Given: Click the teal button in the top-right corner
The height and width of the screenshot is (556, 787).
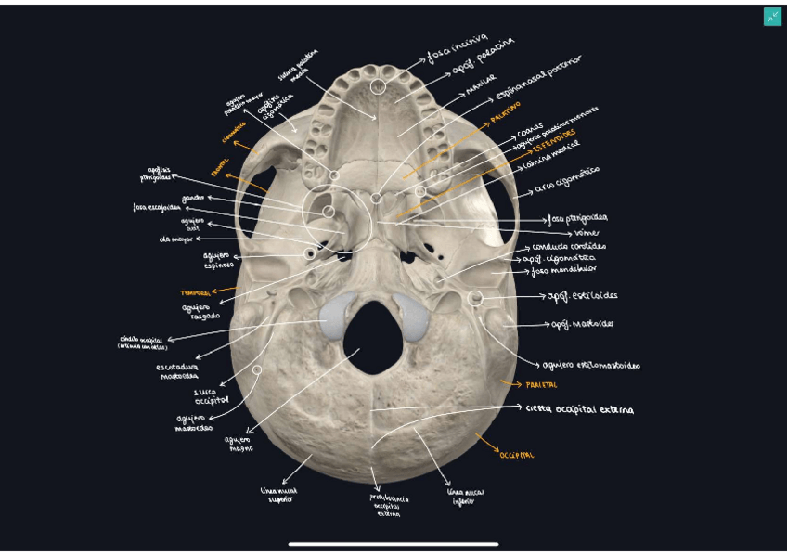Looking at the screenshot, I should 772,17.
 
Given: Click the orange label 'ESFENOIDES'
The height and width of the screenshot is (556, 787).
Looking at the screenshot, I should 554,138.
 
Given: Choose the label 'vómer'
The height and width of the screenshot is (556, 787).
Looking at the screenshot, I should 587,232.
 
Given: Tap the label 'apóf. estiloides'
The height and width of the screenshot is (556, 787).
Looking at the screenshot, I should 582,296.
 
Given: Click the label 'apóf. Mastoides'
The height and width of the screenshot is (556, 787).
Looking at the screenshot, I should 582,324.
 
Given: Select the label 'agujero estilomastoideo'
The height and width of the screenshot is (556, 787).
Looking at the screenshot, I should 591,365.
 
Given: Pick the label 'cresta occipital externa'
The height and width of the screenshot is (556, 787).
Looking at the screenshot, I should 579,408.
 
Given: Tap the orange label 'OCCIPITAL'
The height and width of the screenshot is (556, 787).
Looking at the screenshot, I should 517,454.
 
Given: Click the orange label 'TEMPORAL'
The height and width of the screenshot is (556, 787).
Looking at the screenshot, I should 196,292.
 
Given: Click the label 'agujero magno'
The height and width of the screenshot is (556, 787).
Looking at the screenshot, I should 238,443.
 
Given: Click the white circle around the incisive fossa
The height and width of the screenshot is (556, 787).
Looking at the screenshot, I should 378,86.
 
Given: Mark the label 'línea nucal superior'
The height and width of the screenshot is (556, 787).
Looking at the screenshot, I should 277,494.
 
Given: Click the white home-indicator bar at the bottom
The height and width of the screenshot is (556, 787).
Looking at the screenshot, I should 393,544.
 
